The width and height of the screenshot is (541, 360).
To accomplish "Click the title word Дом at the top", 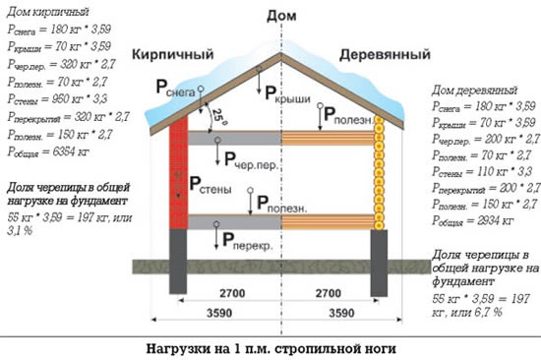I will [280, 16].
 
